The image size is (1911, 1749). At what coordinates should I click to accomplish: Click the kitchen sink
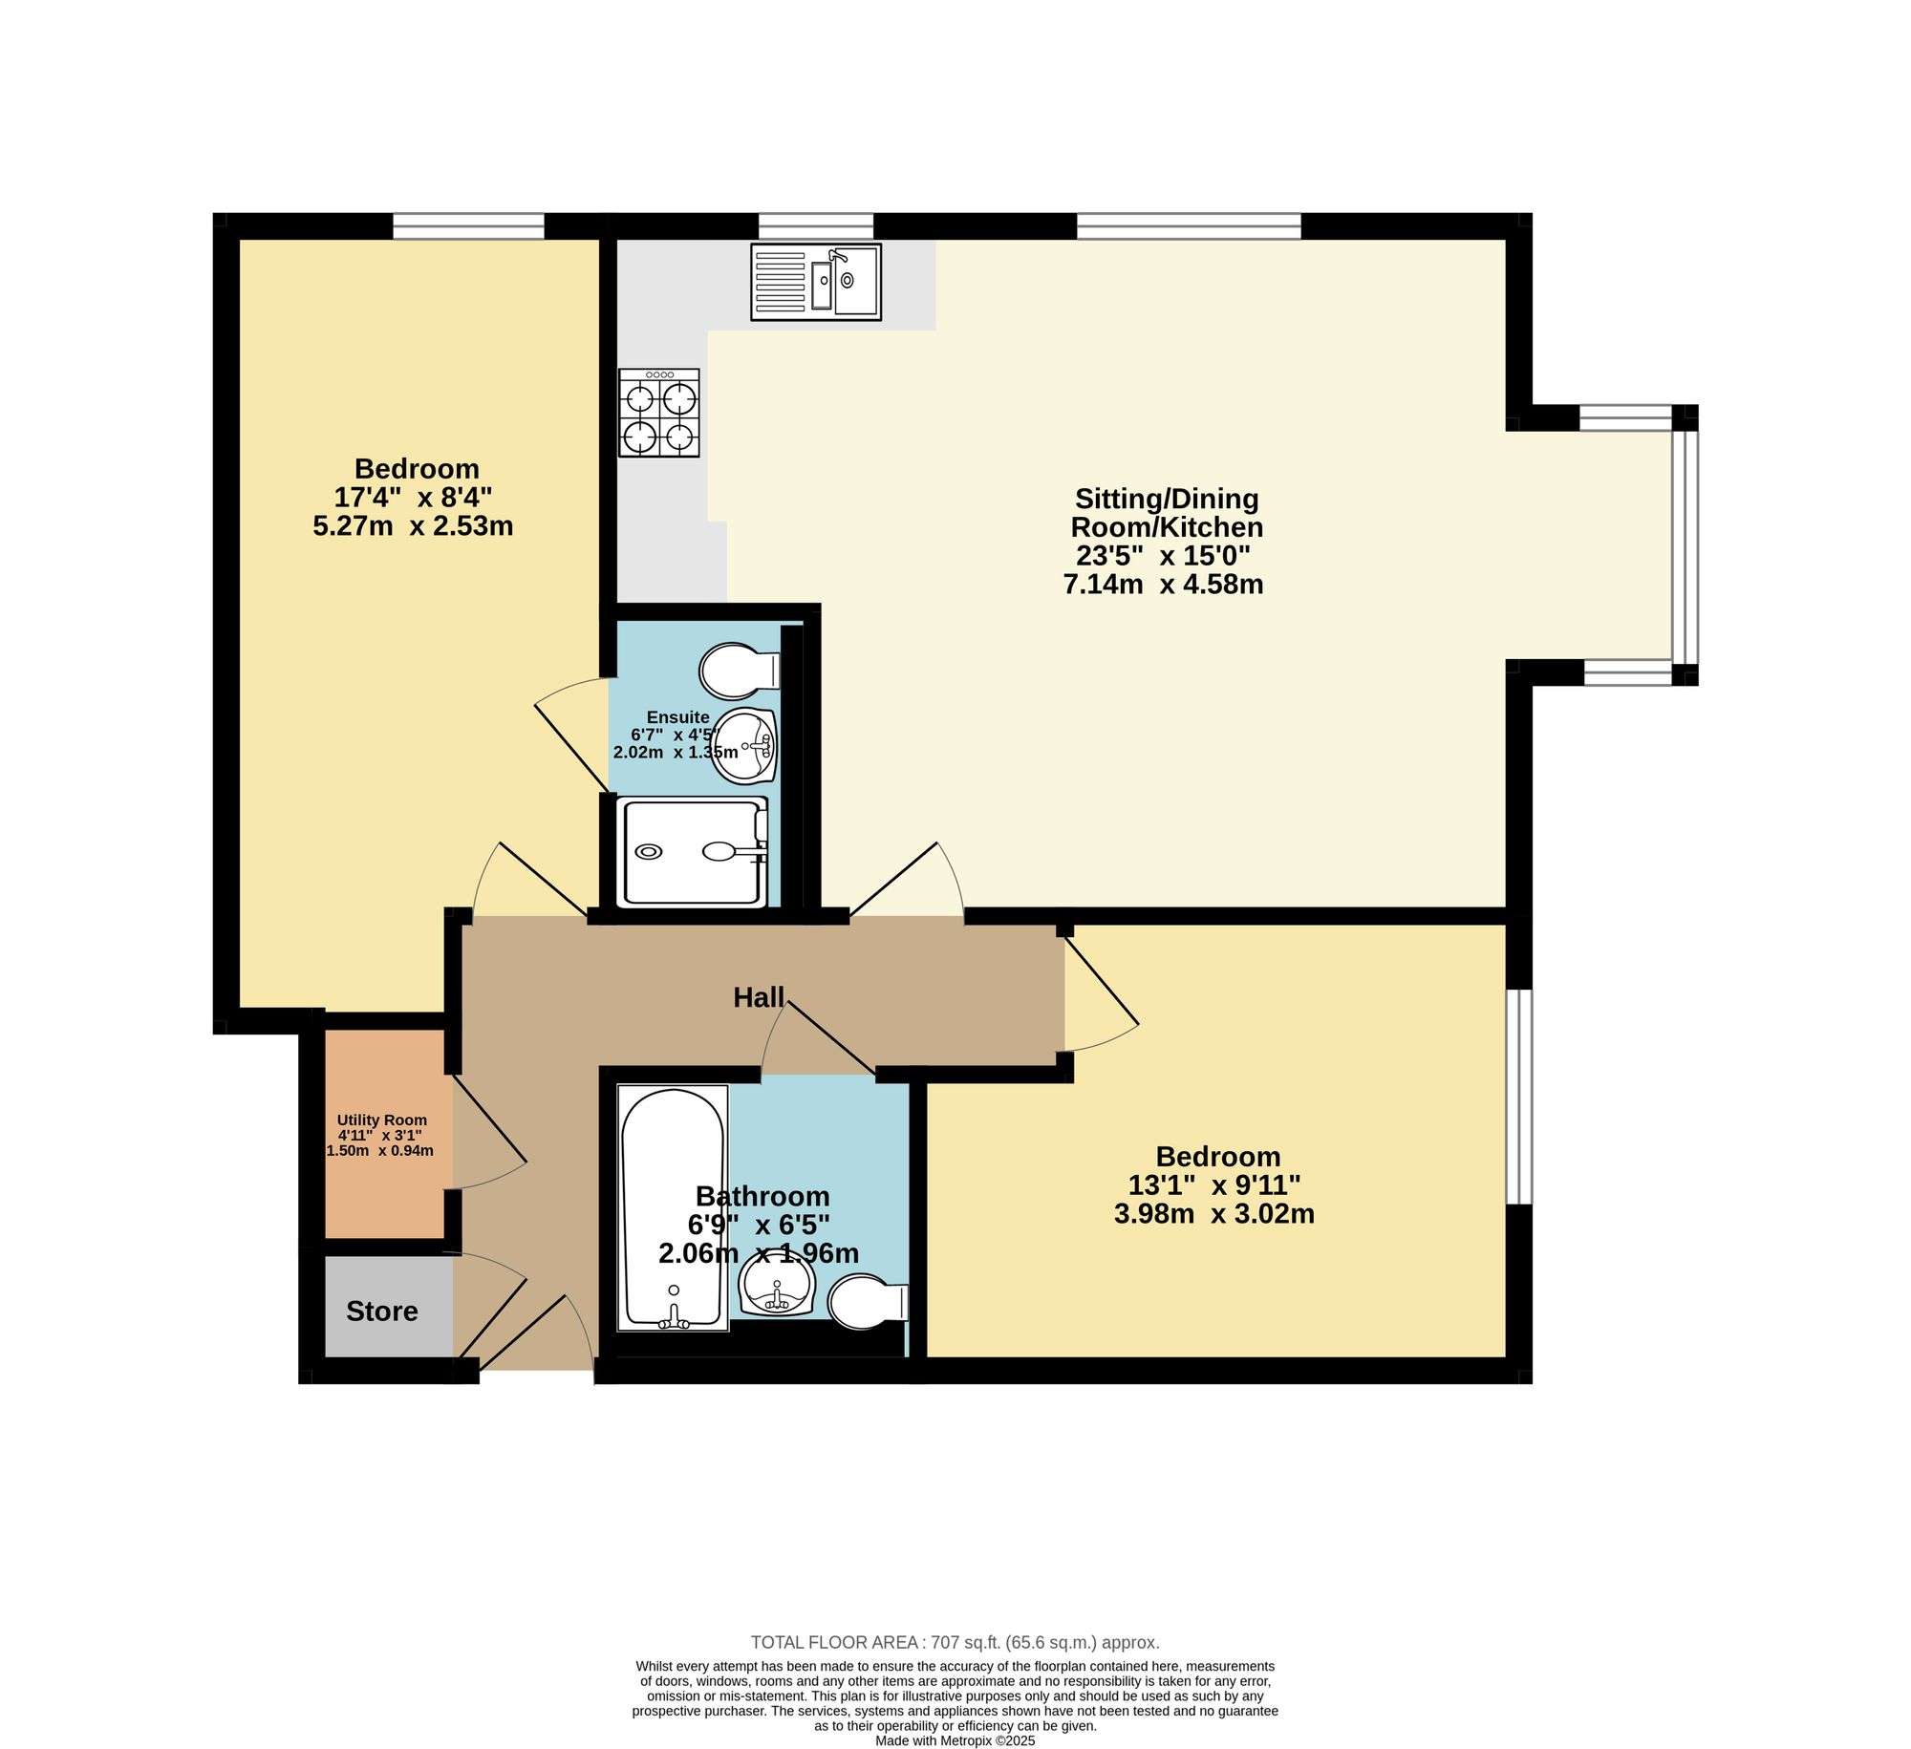click(816, 282)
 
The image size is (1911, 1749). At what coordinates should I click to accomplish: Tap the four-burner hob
click(659, 413)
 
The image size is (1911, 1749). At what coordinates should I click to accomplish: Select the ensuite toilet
click(740, 671)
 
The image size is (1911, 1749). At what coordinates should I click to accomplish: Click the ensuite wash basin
click(745, 746)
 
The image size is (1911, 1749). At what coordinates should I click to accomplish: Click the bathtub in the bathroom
click(673, 1207)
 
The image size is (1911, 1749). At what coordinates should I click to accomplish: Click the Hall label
click(759, 998)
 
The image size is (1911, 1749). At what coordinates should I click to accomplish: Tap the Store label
click(382, 1312)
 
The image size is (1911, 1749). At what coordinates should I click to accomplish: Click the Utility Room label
click(382, 1120)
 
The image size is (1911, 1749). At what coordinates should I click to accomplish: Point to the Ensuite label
click(678, 717)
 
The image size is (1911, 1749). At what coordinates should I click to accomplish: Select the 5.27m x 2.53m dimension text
click(413, 526)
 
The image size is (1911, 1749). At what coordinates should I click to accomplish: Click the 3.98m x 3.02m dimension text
click(1214, 1214)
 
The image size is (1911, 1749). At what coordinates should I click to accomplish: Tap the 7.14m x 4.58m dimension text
click(1163, 585)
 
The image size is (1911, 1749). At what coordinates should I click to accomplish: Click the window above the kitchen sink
click(816, 226)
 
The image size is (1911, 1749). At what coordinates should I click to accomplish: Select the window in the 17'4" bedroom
click(468, 226)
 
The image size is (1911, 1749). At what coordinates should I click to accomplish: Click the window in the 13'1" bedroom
click(1519, 1097)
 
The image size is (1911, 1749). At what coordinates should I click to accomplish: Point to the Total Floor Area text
click(955, 1643)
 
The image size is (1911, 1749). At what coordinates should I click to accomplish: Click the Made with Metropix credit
click(955, 1740)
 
